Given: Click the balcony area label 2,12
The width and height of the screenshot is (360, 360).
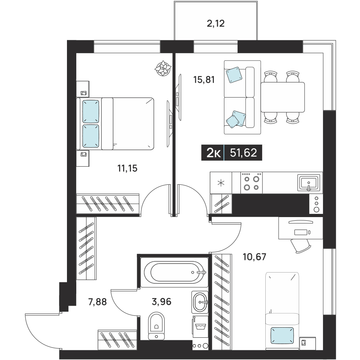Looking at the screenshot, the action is coord(216,23).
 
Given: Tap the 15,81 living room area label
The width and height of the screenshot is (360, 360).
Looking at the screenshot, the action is coord(204,80).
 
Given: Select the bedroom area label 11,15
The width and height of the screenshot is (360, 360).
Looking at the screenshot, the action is coord(127,168).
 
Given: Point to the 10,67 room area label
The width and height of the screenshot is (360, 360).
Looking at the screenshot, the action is coord(255,257).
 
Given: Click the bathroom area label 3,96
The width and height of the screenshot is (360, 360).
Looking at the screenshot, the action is coord(162,302).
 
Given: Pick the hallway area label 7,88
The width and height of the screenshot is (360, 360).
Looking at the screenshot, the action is coord(98,302).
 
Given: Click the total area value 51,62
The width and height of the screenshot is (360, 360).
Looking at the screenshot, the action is coord(243,153).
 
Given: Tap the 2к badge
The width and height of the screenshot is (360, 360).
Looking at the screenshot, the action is coord(214,153).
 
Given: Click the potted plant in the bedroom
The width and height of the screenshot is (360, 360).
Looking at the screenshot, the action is coord(163,68).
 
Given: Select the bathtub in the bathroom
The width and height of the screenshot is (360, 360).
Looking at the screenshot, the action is coord(174,272).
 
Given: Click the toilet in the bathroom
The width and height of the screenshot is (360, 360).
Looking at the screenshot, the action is coord(156,325).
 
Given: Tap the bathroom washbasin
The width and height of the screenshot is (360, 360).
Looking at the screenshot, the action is coord(200,302).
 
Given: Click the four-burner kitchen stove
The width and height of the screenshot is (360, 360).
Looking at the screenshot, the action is coord(251,183).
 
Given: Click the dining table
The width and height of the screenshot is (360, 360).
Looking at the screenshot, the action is coord(283,97).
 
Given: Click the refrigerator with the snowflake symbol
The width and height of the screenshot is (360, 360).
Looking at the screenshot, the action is coord(221,183).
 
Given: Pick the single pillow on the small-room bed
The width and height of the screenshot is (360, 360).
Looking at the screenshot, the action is coord(282,336).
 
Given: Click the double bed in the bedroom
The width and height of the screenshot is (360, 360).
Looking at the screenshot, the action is coord(115,124).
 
